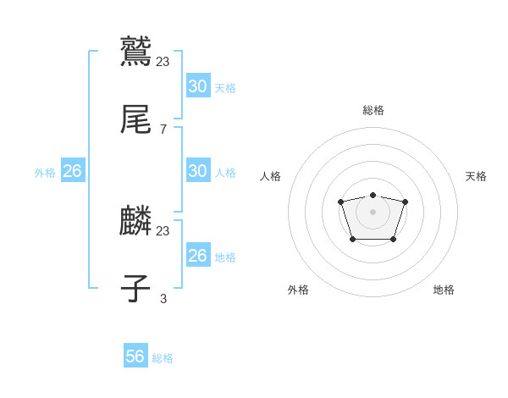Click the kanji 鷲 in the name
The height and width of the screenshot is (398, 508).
pos(135,51)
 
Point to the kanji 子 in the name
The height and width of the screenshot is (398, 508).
pos(135,290)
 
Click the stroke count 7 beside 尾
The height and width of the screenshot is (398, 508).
pos(163,130)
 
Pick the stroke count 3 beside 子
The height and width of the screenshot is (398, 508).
pos(163,298)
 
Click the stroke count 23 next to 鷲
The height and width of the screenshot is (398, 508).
pos(163,61)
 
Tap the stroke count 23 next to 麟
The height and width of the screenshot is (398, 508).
pos(163,230)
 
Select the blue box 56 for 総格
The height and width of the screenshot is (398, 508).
pos(135,357)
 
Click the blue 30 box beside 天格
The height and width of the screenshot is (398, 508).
pos(198,86)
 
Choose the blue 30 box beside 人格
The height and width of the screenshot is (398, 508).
pos(198,171)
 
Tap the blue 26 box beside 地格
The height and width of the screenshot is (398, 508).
pos(198,256)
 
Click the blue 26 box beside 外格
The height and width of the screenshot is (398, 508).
pos(72,171)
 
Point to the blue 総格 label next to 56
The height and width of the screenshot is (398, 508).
pos(163,358)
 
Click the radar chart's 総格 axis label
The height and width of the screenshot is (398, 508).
pos(373,110)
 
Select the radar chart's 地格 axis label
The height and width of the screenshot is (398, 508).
pos(444,290)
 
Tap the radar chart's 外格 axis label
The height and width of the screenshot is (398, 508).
pos(298,290)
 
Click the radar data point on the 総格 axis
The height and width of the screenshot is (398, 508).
pos(373,195)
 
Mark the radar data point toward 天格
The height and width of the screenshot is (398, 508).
pos(405,202)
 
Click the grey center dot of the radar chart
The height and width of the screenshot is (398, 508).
pos(373,212)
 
